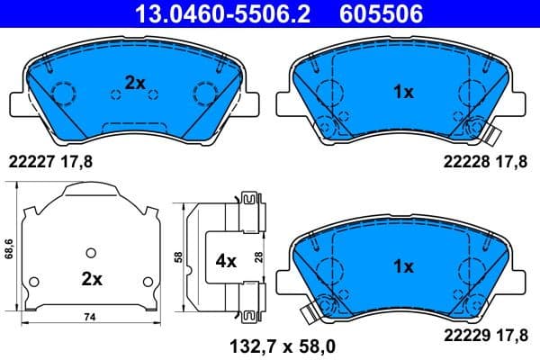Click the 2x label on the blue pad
(135, 82)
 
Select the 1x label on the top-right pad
(403, 92)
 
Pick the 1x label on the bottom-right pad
(403, 266)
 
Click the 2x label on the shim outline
(90, 279)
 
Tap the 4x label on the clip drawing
(225, 261)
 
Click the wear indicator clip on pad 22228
(490, 138)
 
